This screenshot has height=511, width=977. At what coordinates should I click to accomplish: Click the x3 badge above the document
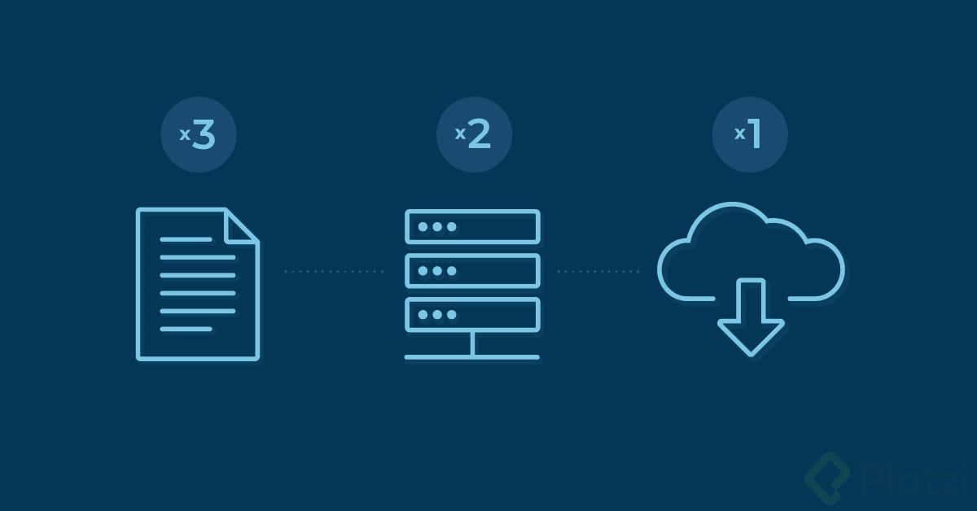198,135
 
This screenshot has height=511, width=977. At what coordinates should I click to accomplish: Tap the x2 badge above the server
474,135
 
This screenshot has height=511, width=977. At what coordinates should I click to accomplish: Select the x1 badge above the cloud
749,135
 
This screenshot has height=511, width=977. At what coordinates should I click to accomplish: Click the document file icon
197,284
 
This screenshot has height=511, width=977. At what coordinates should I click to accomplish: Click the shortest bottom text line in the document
186,330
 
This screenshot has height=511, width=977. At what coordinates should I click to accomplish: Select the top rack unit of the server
472,226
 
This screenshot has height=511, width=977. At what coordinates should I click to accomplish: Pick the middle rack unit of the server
472,270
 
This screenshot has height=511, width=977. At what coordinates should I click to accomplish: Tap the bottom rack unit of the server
472,314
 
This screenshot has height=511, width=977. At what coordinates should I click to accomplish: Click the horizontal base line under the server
472,356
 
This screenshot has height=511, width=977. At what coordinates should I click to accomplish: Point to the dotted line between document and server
334,271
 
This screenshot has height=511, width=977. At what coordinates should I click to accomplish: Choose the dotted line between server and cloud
598,271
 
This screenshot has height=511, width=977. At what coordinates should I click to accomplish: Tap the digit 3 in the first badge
204,135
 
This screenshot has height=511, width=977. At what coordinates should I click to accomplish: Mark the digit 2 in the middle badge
480,135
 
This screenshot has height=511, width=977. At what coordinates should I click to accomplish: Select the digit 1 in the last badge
755,135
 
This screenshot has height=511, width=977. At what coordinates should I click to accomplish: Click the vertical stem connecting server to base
472,343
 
